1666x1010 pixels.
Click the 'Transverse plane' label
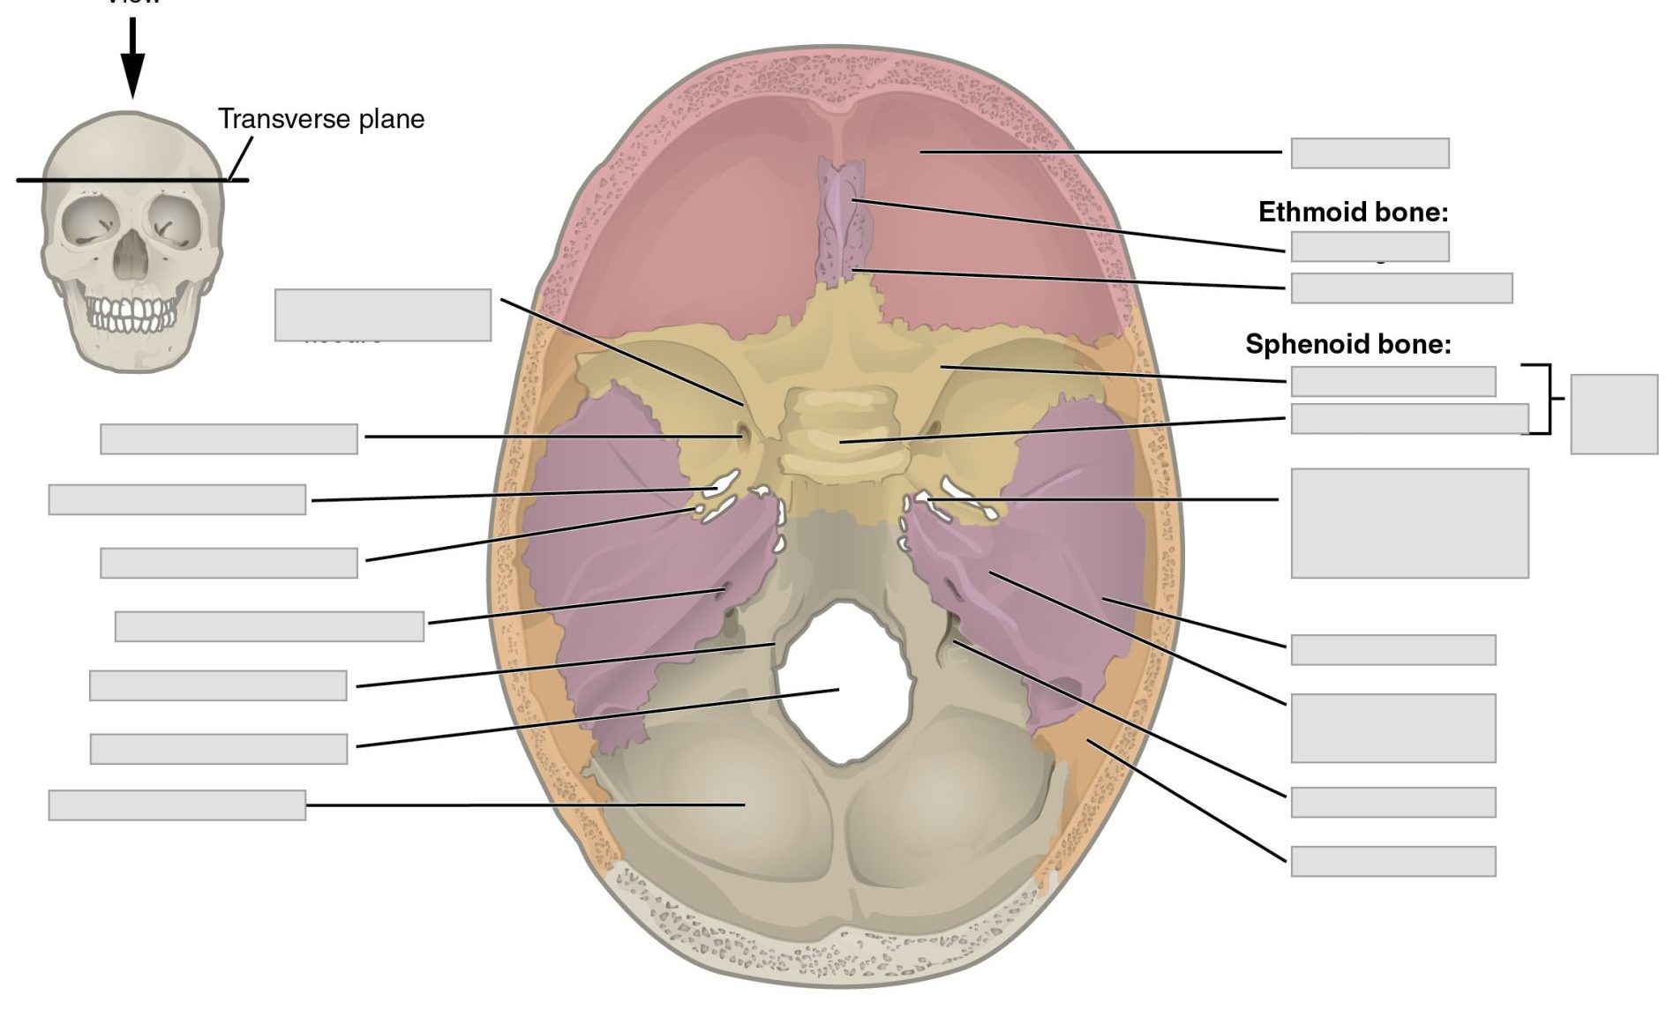point(321,119)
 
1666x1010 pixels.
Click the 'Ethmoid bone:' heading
point(1353,212)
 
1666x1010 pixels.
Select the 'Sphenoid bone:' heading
point(1347,344)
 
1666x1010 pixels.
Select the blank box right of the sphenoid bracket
point(1614,414)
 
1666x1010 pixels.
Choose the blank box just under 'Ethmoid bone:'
point(1370,246)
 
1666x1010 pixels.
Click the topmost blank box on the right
point(1370,153)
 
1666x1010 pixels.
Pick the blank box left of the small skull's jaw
point(382,315)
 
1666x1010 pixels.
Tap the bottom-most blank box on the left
point(177,804)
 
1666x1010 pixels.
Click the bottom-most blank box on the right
point(1392,861)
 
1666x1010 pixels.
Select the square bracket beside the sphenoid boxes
point(1547,399)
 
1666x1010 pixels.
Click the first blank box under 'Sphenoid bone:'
point(1392,381)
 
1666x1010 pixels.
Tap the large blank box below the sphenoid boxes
point(1409,523)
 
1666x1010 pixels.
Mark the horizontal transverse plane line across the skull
point(132,181)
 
